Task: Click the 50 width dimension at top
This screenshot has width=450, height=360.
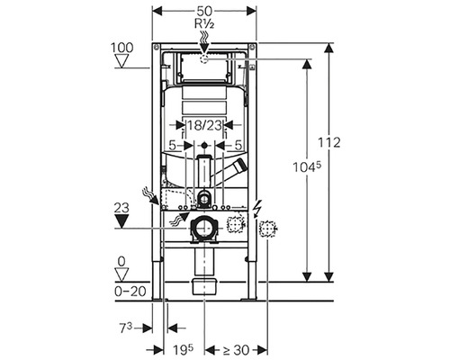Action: coord(204,12)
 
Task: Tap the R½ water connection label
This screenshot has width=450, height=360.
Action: coord(204,23)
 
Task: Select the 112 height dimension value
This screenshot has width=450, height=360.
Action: coord(329,142)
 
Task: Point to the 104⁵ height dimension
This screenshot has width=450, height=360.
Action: coord(307,166)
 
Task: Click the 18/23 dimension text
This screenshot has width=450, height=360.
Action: coord(204,125)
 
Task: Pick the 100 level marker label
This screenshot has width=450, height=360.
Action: coord(122,48)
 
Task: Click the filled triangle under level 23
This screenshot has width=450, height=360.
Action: coord(121,221)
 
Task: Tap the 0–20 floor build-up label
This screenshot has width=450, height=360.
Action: coord(130,291)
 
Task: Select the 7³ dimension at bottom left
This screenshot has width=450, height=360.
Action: coord(126,328)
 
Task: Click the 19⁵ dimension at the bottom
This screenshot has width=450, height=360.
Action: coord(183,349)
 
